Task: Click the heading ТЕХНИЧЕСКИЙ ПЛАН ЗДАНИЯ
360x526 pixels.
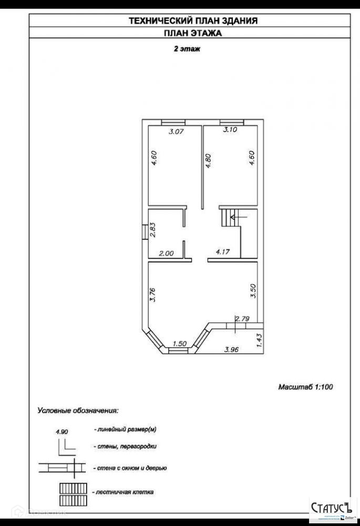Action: tap(193, 21)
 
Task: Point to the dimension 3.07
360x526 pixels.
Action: tap(176, 132)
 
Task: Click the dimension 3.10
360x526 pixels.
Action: tap(230, 130)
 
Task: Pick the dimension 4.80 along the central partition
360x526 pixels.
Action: tap(209, 160)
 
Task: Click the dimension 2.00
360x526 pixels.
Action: tap(166, 253)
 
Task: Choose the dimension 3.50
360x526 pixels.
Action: tap(253, 291)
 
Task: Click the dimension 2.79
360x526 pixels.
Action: tap(242, 318)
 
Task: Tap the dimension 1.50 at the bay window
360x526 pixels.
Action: tap(180, 343)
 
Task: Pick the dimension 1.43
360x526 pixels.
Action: tap(259, 338)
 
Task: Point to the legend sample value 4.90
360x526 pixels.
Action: tap(62, 432)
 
